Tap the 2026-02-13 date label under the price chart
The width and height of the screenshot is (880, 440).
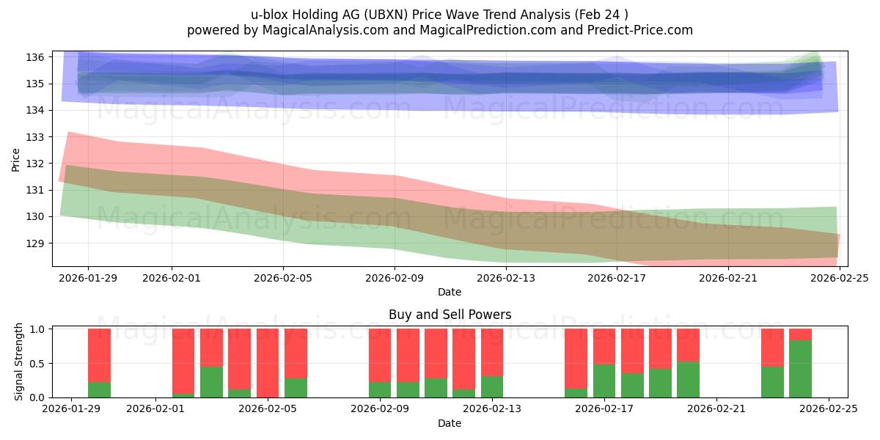click(506, 278)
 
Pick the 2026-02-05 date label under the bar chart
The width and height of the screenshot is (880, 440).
click(268, 409)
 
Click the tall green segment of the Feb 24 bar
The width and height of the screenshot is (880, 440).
click(800, 369)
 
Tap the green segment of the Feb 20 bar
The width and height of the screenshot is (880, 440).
click(688, 380)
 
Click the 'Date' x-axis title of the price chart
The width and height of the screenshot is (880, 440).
click(450, 292)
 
